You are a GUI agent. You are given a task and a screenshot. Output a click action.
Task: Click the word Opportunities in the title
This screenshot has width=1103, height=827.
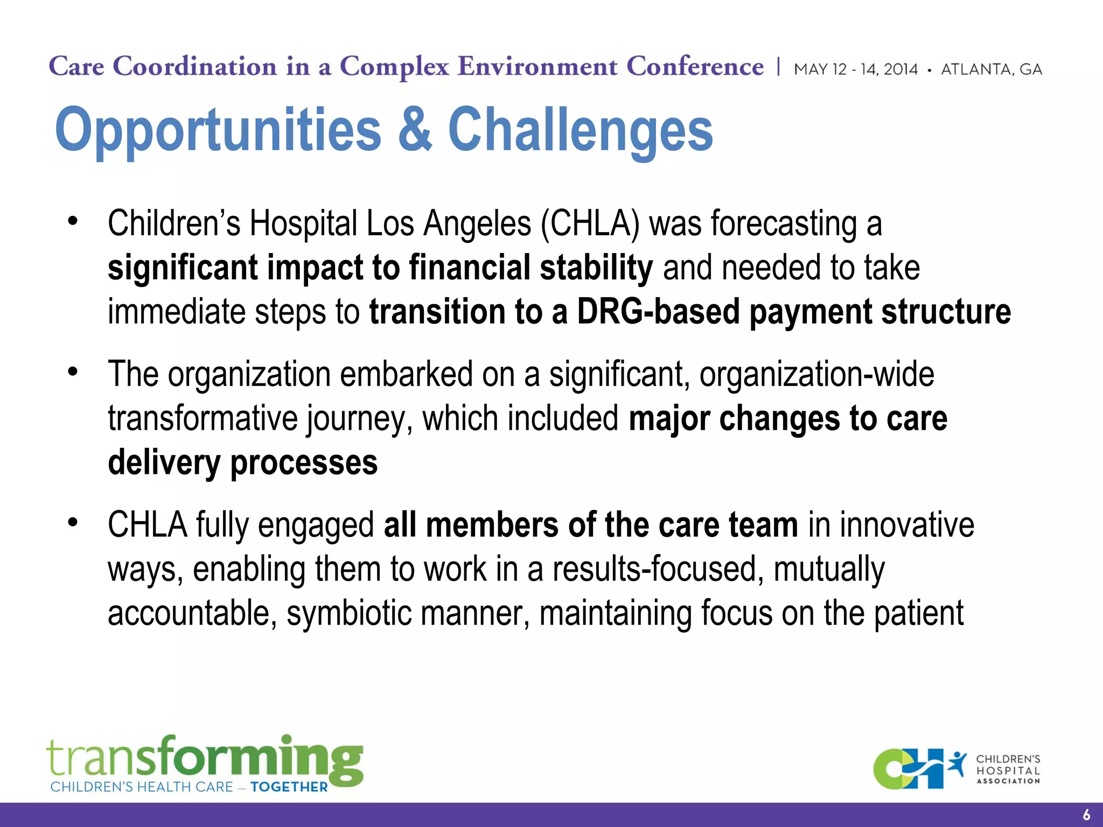point(218,130)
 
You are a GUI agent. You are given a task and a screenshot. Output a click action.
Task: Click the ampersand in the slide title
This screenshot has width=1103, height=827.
point(415,129)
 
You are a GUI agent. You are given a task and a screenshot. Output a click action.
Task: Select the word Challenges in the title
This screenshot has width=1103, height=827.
point(580,130)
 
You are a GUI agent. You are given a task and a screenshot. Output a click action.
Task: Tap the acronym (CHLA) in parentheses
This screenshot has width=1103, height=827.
point(590,223)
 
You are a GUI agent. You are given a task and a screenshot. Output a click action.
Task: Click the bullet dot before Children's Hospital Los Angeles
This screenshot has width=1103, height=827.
point(73,221)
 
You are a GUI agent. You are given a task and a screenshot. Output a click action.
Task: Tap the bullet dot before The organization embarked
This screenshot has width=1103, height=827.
point(73,372)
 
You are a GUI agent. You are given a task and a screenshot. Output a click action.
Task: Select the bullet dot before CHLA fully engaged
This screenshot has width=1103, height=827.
point(73,522)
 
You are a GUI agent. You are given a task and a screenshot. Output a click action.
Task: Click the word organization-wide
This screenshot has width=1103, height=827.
point(816,374)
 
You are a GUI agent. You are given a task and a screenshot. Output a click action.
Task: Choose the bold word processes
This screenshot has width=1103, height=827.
point(304,462)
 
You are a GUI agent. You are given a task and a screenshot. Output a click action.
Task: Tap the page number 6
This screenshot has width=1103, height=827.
point(1086,815)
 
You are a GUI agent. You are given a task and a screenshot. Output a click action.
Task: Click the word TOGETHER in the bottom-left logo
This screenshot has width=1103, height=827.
point(289,787)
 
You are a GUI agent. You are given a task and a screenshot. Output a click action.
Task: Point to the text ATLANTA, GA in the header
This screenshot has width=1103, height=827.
point(991,69)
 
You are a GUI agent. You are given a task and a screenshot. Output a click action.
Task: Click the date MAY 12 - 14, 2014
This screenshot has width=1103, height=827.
point(855,69)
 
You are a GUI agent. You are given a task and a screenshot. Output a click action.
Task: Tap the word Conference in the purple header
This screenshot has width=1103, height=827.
point(695,67)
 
